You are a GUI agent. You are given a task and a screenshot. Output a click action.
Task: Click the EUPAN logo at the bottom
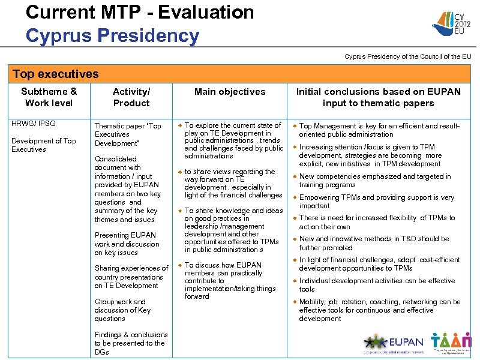[x=393, y=344]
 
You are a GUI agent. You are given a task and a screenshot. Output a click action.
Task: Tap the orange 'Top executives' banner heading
[x=56, y=74]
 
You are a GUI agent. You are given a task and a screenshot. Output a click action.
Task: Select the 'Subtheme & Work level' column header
[x=49, y=97]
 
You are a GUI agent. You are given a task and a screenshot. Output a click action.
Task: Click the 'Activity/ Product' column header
[x=131, y=97]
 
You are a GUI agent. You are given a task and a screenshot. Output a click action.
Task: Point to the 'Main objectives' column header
[x=230, y=92]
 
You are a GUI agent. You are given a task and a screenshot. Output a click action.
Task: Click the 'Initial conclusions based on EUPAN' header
[x=378, y=97]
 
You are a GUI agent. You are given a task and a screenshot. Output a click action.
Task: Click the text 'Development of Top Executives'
[x=44, y=145]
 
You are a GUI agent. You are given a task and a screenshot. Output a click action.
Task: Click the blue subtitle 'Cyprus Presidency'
[x=112, y=35]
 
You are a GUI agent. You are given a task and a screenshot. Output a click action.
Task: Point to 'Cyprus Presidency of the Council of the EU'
[x=407, y=56]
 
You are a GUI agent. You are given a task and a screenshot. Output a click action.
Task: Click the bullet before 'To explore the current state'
[x=178, y=126]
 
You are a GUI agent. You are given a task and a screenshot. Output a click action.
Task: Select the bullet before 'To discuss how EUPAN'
[x=178, y=265]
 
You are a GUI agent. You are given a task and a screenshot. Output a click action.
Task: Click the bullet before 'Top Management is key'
[x=294, y=127]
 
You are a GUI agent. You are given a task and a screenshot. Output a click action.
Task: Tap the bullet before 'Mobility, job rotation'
[x=294, y=302]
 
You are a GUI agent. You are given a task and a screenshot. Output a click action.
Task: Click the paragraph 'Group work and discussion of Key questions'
[x=122, y=310]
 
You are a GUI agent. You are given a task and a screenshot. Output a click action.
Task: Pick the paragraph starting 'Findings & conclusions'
[x=131, y=343]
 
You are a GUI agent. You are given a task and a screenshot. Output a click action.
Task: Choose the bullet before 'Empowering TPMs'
[x=294, y=198]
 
